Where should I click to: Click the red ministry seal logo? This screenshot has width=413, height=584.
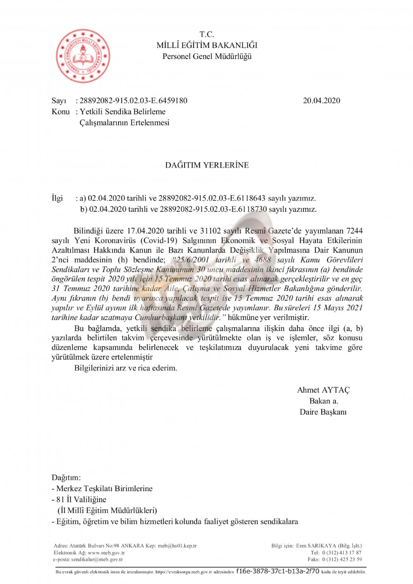click(83, 56)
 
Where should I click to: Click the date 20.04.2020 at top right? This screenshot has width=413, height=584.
click(321, 101)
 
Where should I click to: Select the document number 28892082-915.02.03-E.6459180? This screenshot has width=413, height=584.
click(133, 101)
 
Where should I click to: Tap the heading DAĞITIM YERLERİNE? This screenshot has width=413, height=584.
click(207, 165)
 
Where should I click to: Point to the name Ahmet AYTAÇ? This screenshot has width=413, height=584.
click(323, 390)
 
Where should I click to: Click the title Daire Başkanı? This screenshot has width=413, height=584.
click(323, 412)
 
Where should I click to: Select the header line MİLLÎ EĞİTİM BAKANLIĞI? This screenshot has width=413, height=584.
click(207, 45)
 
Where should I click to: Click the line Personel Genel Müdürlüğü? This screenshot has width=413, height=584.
click(207, 57)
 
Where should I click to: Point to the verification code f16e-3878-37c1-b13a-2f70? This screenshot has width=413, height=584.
click(278, 572)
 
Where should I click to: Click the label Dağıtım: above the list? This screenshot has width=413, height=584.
click(66, 478)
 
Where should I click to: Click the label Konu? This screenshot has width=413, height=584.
click(61, 112)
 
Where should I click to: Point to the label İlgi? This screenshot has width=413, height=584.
click(57, 199)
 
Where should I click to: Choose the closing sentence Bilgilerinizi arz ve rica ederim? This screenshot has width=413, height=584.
click(126, 368)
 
